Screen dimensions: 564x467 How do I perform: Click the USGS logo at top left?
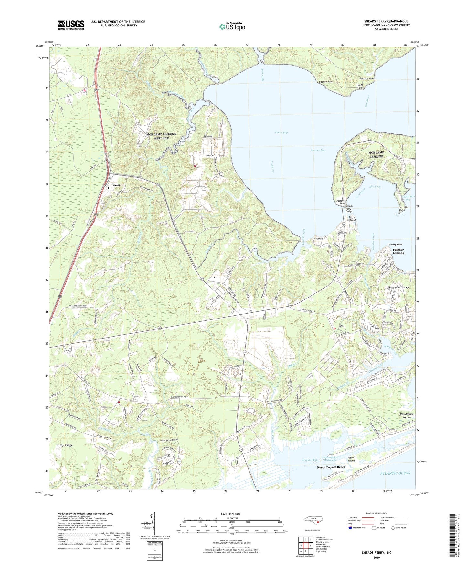pyautogui.click(x=71, y=25)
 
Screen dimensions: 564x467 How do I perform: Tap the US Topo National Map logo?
pyautogui.click(x=232, y=26)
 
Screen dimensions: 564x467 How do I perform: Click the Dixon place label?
pyautogui.click(x=115, y=185)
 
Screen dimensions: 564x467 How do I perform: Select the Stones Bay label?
pyautogui.click(x=281, y=133)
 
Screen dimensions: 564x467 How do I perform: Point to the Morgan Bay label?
pyautogui.click(x=318, y=150)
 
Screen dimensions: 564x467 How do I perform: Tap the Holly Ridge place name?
pyautogui.click(x=64, y=445)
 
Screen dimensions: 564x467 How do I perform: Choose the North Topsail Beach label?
pyautogui.click(x=331, y=467)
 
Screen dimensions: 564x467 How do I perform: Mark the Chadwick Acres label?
pyautogui.click(x=406, y=415)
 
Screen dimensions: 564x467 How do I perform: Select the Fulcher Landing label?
pyautogui.click(x=398, y=251)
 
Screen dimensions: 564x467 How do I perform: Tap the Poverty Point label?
pyautogui.click(x=395, y=245)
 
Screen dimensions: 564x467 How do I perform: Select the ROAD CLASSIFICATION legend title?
pyautogui.click(x=377, y=513)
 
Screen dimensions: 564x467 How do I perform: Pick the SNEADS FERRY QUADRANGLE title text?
pyautogui.click(x=386, y=21)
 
